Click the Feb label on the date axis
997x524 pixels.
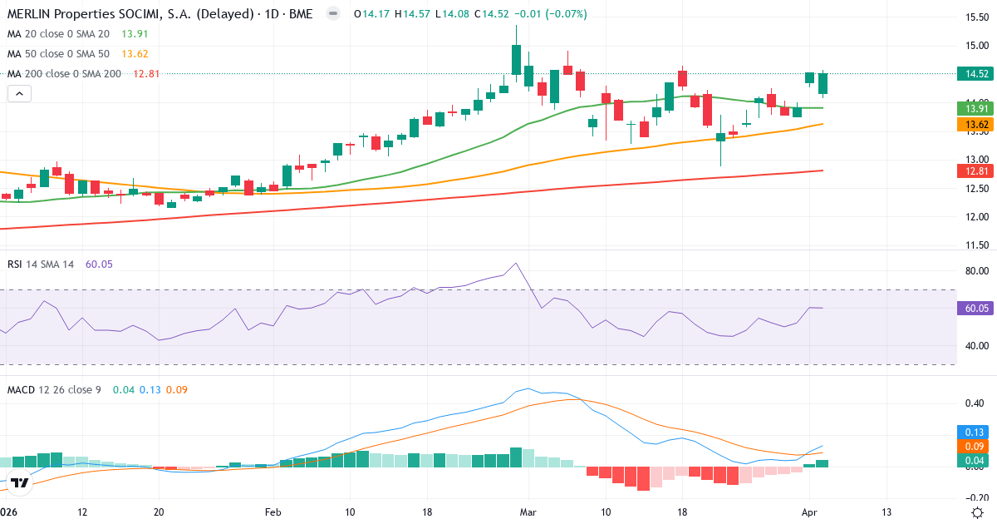pyautogui.click(x=273, y=512)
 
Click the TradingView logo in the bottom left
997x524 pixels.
pyautogui.click(x=21, y=482)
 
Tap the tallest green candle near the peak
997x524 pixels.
pyautogui.click(x=516, y=61)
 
